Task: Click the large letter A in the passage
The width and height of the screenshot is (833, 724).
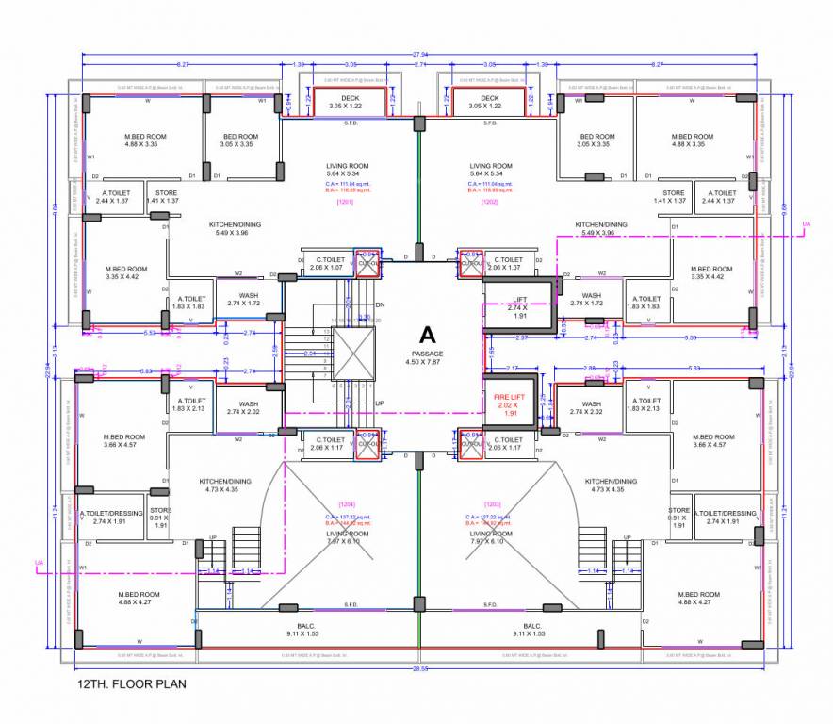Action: (427, 335)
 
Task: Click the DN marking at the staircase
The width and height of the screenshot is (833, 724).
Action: (380, 304)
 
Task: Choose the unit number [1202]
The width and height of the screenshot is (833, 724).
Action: (489, 201)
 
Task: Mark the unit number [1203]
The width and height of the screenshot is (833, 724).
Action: (492, 505)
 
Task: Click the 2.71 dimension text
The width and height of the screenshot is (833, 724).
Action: (419, 64)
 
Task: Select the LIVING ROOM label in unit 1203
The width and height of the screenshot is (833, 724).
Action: (491, 534)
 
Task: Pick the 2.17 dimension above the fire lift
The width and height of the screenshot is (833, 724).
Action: (513, 367)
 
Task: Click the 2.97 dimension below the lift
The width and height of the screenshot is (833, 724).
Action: (521, 337)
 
